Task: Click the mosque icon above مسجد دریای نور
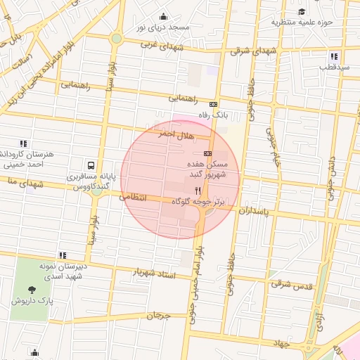[164, 16]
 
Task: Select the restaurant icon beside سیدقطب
[335, 56]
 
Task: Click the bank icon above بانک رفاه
[214, 104]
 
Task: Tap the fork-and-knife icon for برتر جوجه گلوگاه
[198, 191]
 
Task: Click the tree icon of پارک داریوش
[32, 289]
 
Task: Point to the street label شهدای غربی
[162, 46]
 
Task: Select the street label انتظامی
[134, 198]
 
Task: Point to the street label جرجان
[158, 316]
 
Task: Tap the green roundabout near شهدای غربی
[116, 38]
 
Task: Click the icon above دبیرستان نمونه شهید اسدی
[63, 255]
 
